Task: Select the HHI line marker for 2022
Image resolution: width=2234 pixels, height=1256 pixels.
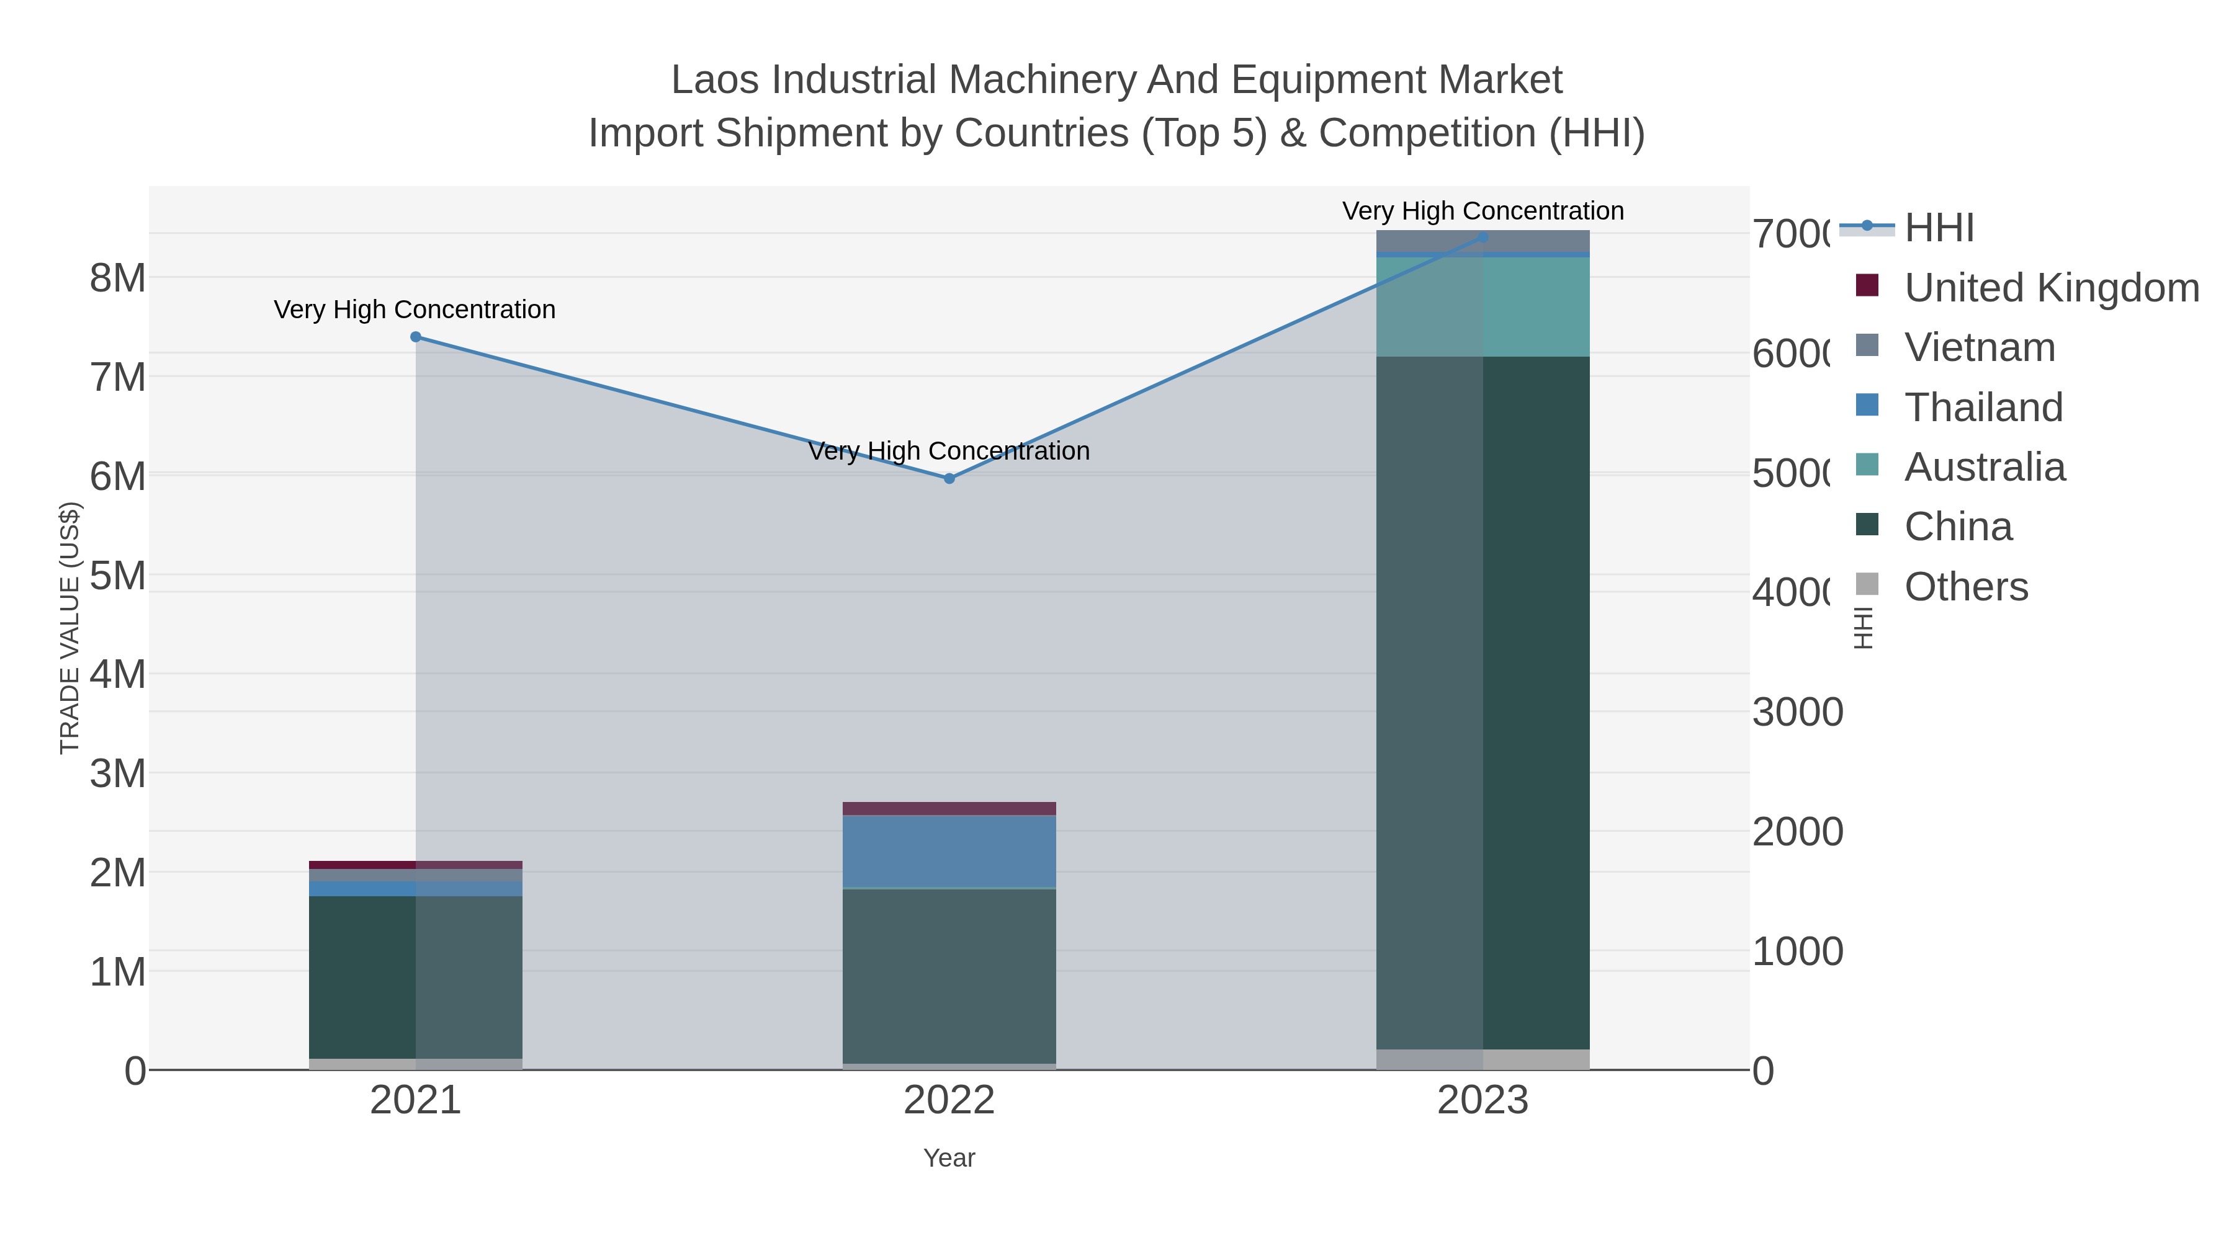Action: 949,478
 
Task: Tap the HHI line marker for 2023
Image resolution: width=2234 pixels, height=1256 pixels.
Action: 1483,237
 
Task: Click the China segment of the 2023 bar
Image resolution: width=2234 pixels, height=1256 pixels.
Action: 1483,702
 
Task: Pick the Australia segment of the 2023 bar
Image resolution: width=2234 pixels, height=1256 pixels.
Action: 1483,307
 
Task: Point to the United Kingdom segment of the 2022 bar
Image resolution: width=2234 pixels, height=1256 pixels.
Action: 949,809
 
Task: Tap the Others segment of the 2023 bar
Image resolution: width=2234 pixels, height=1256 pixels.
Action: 1483,1059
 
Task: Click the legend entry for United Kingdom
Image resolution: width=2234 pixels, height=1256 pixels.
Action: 2051,288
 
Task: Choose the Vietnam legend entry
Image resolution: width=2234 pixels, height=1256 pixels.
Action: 1979,347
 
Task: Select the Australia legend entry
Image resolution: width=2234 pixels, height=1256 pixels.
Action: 1985,467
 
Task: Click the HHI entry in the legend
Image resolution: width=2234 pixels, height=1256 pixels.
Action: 1939,228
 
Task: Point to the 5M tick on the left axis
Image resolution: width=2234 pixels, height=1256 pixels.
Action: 118,576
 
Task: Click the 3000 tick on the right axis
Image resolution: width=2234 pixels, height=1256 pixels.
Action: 1797,713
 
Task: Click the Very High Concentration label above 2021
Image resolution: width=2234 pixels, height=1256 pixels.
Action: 415,310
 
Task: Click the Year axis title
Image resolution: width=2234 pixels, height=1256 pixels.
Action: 949,1158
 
